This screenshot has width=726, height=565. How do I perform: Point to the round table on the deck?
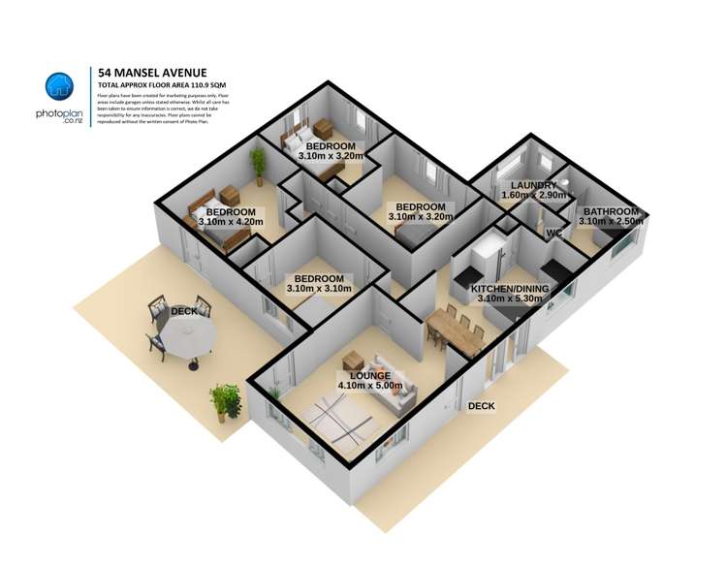coord(186,338)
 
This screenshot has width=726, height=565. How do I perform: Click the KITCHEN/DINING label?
coord(509,289)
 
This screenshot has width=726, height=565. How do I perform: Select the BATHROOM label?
coord(609,212)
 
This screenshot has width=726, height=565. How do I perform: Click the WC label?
coord(554,234)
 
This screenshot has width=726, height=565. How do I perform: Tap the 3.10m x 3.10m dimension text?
coord(319,288)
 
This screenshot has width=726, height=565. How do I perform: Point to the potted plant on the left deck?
coord(226,399)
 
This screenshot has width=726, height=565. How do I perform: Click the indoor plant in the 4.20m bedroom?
coord(258,161)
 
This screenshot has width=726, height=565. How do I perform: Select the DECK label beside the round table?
coord(184,312)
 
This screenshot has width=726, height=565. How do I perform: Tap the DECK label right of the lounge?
coord(482,407)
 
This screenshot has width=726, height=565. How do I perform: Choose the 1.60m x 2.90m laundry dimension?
coord(532,196)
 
